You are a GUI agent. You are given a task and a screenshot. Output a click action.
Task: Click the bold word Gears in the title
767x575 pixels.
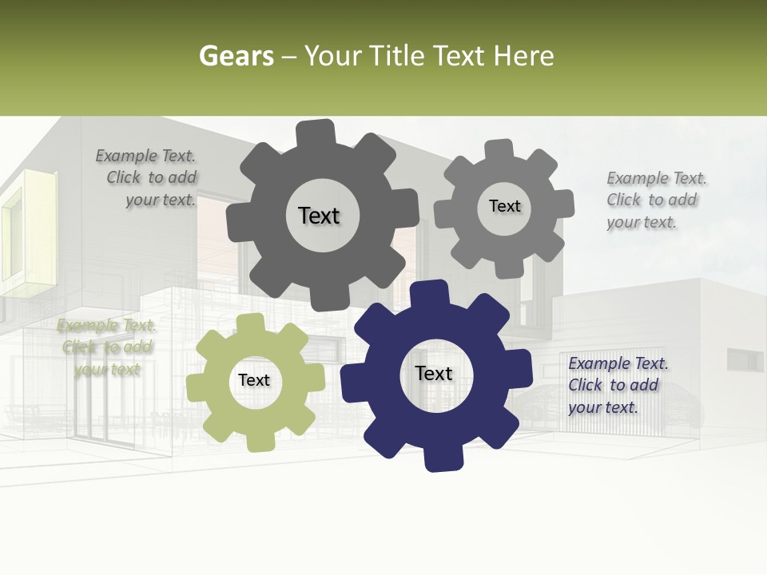click(x=236, y=56)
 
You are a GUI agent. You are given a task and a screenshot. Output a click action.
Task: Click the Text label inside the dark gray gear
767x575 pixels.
click(x=319, y=216)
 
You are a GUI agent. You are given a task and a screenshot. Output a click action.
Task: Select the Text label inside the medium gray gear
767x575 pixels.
click(x=504, y=206)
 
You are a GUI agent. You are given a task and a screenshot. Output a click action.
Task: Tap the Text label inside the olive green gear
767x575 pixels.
click(x=254, y=381)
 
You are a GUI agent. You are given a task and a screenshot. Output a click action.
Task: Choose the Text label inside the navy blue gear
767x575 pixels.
click(x=434, y=373)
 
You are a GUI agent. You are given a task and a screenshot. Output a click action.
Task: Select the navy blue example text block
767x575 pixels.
click(x=618, y=385)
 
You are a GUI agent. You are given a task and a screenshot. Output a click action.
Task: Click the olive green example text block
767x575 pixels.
click(x=106, y=347)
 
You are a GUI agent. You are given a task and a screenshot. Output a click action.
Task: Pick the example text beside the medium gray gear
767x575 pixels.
click(x=656, y=200)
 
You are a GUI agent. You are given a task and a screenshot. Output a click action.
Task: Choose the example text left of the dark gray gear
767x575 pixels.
click(x=149, y=178)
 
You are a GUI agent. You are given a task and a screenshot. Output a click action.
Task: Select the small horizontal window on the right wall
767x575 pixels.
click(x=744, y=359)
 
